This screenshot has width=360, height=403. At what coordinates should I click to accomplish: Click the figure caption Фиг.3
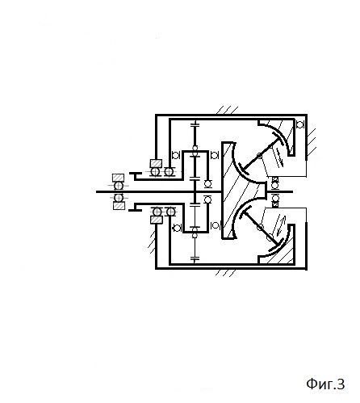(325, 384)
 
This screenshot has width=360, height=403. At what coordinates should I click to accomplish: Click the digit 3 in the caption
(341, 384)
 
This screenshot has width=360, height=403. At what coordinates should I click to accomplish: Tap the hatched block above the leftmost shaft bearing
(119, 178)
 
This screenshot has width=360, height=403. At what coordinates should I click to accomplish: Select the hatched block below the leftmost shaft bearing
(119, 206)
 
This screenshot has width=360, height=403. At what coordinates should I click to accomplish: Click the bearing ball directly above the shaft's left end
(119, 186)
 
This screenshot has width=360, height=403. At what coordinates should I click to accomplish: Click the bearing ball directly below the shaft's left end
(119, 198)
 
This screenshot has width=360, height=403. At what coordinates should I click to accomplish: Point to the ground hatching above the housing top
(228, 110)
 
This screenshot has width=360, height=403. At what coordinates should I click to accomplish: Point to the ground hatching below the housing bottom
(226, 273)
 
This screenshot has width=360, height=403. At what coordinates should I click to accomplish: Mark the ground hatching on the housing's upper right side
(312, 143)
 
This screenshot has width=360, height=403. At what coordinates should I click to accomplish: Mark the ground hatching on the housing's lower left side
(153, 242)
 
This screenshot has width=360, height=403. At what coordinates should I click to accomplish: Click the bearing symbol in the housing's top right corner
(300, 124)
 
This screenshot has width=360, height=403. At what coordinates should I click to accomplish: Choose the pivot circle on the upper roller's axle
(259, 156)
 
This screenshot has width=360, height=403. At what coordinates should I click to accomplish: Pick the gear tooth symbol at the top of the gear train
(195, 124)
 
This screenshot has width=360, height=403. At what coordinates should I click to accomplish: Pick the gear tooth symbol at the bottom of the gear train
(195, 259)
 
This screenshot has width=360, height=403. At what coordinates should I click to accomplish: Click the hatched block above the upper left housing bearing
(156, 163)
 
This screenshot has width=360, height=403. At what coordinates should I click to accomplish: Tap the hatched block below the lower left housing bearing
(157, 220)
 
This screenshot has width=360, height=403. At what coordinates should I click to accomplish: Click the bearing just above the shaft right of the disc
(275, 185)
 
